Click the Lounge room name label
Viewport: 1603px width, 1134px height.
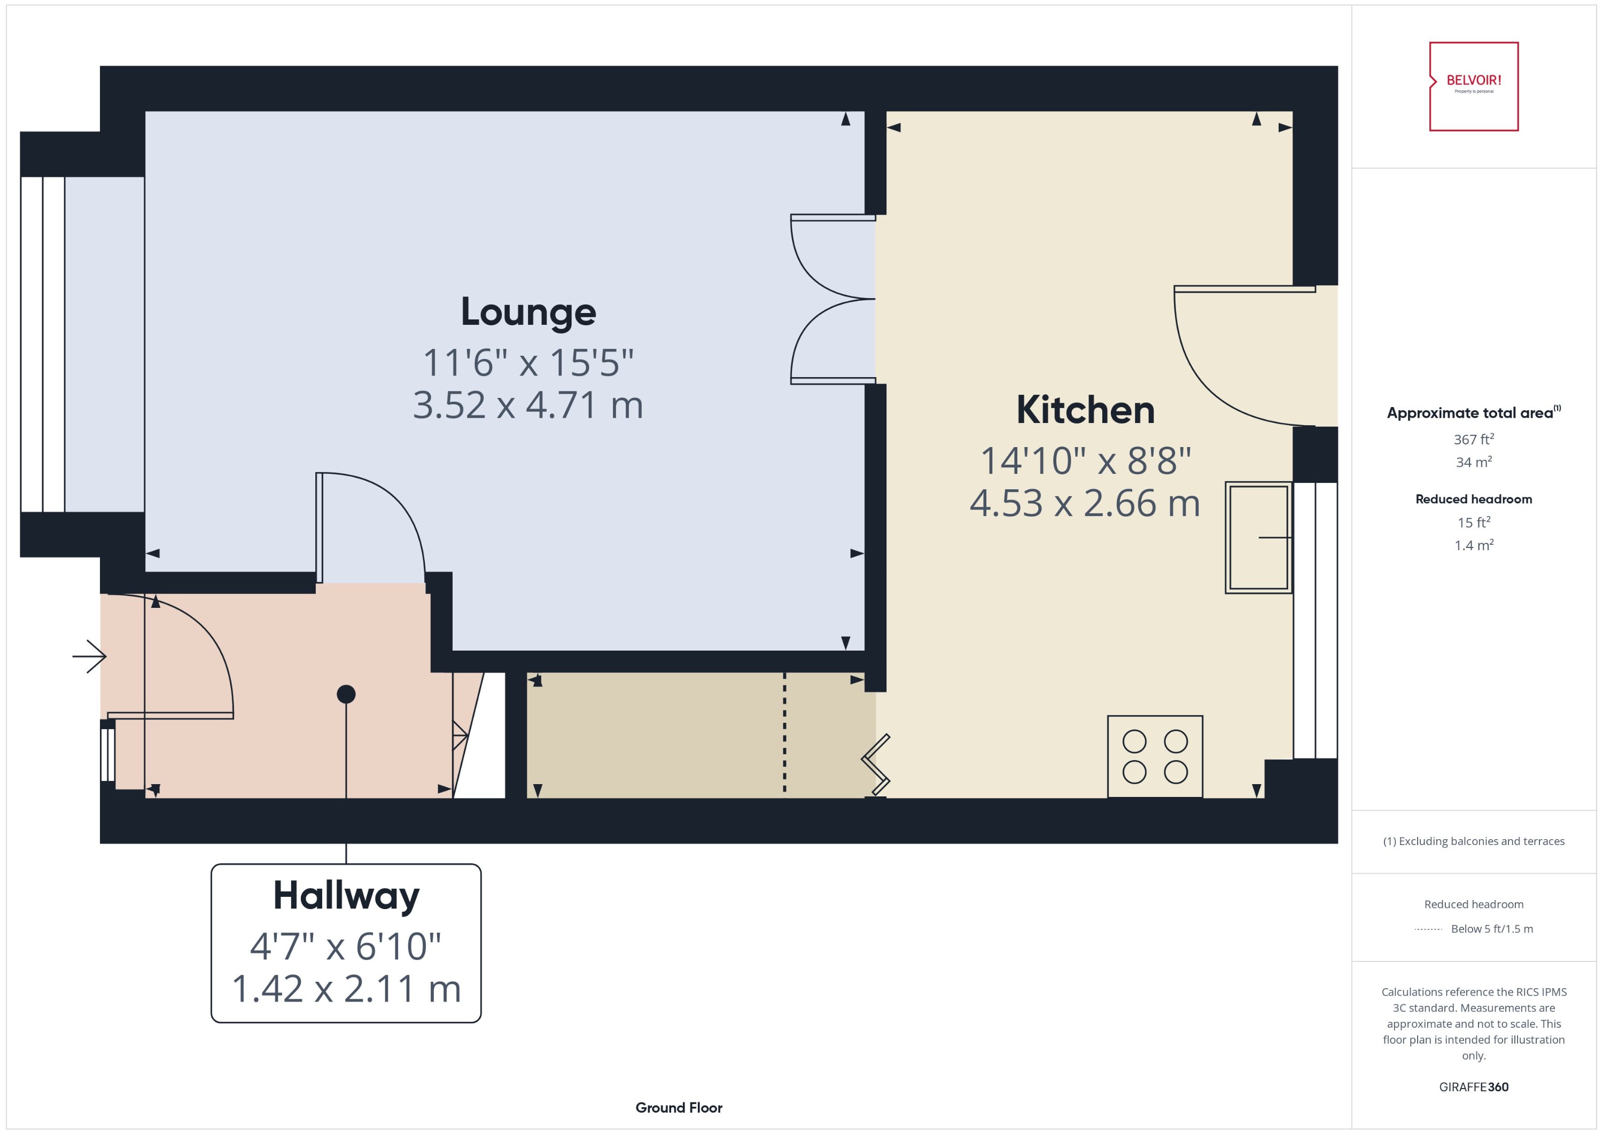tap(528, 311)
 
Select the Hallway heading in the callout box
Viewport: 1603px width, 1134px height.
tap(346, 895)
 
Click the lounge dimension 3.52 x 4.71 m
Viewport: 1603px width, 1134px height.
tap(528, 405)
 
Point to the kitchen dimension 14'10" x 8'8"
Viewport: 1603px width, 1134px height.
tap(1085, 461)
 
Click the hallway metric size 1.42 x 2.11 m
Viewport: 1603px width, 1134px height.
tap(346, 989)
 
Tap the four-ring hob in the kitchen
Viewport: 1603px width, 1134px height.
tap(1155, 756)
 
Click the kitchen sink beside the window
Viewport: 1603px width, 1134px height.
tap(1258, 538)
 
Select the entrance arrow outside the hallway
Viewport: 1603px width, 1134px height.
tap(89, 656)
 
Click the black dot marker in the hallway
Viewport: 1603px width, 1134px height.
tap(346, 694)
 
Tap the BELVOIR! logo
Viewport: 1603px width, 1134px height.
tap(1473, 86)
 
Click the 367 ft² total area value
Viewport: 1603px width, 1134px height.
tap(1473, 439)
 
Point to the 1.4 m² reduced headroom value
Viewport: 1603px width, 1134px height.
tap(1473, 545)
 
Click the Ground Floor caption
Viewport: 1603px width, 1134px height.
tap(678, 1107)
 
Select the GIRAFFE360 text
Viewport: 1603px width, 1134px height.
tap(1473, 1087)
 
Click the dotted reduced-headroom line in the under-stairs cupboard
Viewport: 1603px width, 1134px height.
tap(784, 733)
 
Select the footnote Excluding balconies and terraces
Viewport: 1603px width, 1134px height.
tap(1473, 841)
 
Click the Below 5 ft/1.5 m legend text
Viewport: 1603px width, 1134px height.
tap(1491, 929)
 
